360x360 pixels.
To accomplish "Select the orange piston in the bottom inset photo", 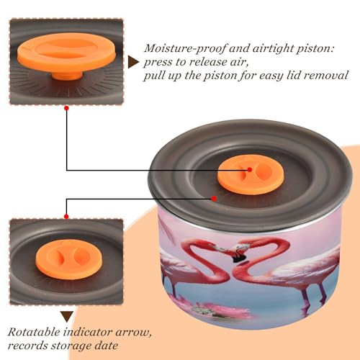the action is click(69, 259).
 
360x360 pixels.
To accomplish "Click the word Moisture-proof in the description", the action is click(185, 49).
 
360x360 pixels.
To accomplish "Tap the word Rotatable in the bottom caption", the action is click(34, 332).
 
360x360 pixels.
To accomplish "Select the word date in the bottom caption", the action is click(105, 346).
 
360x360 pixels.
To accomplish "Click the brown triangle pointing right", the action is click(133, 63).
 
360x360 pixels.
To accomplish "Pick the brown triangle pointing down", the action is click(67, 317).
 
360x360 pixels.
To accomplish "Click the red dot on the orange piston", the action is click(250, 170).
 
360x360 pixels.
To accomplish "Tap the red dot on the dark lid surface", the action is click(214, 199).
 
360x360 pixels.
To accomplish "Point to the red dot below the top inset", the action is click(67, 108).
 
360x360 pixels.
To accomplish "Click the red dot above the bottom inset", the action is click(66, 217).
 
